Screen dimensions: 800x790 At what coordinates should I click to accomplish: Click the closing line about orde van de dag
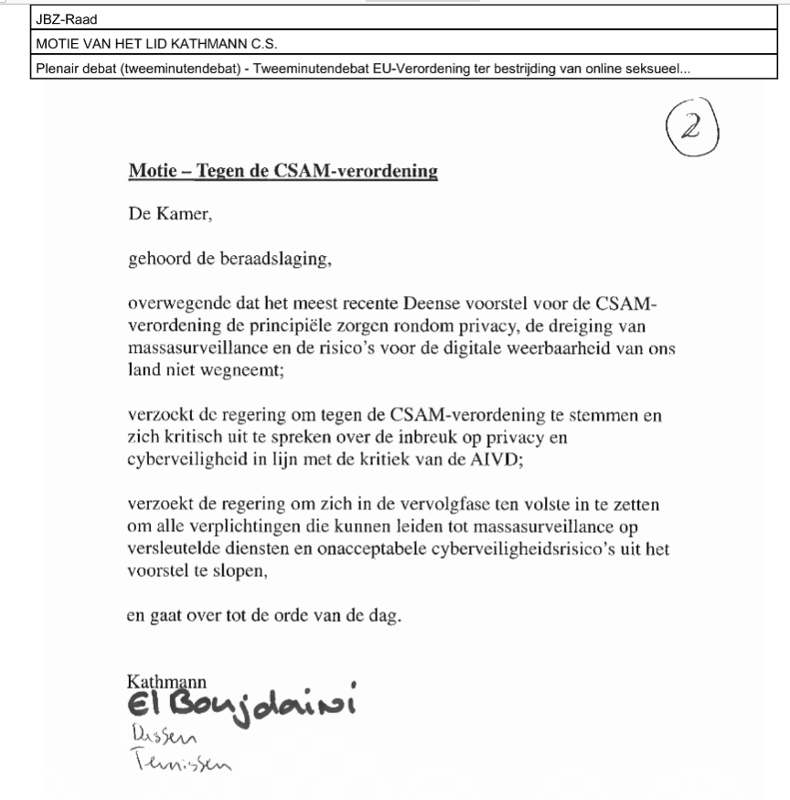(x=263, y=615)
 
